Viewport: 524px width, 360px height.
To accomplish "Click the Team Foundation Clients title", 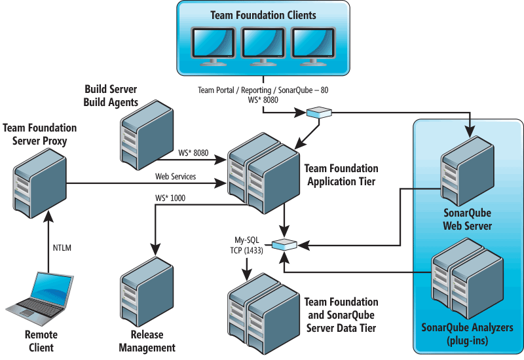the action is (263, 15).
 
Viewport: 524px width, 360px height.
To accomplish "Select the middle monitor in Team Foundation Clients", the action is (263, 46).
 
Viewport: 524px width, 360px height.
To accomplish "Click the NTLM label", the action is (62, 248).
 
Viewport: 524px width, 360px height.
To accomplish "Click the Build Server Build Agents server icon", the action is (147, 135).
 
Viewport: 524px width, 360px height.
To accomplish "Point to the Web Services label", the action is (176, 176).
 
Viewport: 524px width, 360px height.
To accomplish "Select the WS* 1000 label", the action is (170, 198).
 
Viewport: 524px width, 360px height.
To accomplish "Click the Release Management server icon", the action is (147, 291).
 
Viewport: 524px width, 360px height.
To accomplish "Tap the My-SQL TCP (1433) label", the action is (247, 245).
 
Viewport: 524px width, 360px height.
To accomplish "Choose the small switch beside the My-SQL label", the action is (284, 245).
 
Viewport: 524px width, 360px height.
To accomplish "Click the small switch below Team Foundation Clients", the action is (319, 112).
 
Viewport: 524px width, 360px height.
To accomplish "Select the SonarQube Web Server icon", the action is (467, 171).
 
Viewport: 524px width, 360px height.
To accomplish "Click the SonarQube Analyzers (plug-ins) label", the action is (467, 334).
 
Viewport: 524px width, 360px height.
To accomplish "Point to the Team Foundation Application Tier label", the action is (341, 175).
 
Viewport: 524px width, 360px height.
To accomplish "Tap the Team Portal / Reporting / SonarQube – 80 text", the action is (263, 90).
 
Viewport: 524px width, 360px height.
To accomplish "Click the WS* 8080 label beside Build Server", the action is (193, 153).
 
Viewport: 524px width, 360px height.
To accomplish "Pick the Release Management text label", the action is (147, 341).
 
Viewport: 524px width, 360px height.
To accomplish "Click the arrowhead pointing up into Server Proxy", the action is (48, 217).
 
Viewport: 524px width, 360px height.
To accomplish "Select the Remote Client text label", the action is (41, 341).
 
